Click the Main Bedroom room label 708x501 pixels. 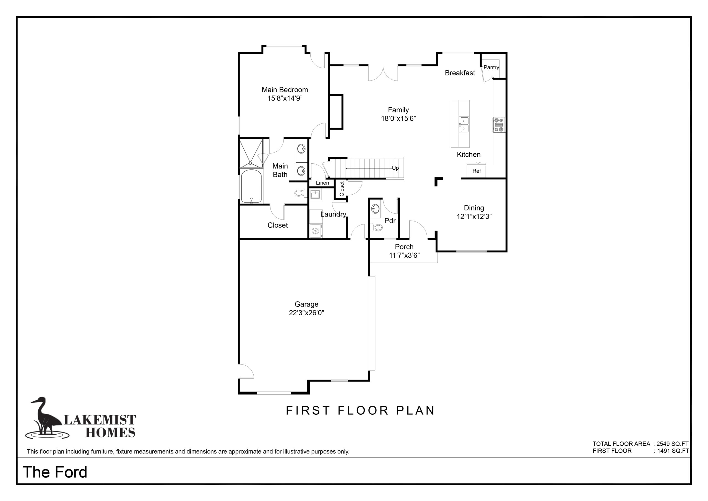coord(285,90)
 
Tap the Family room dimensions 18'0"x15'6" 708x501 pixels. coord(399,118)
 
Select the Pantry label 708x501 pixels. coord(491,67)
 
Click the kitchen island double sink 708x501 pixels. coord(464,125)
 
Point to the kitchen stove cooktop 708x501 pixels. coord(499,125)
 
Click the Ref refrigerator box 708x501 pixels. coord(477,171)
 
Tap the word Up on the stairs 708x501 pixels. coord(395,168)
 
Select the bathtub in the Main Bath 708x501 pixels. coord(251,187)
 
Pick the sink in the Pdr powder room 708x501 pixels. coord(375,209)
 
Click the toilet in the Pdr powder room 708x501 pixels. coord(377,228)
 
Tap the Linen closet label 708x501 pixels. coord(322,183)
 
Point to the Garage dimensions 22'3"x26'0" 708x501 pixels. coord(306,313)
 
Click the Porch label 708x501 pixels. coord(404,247)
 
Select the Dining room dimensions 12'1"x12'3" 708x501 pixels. coord(474,217)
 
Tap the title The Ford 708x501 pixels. coord(55,472)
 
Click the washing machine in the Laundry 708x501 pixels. coord(316,231)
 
